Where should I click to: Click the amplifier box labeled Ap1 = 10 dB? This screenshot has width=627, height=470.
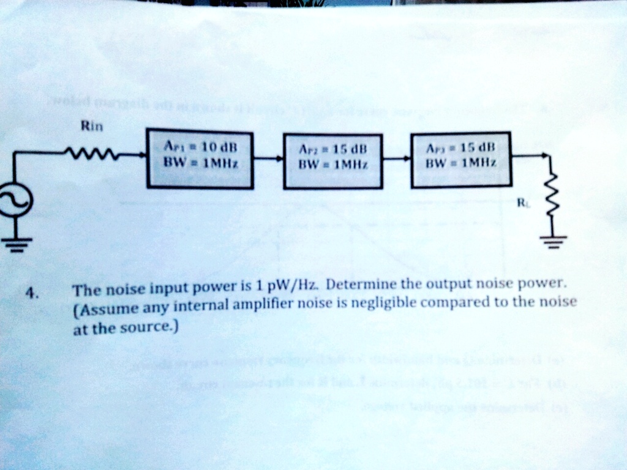[199, 159]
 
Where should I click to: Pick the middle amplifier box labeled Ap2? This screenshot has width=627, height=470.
[333, 161]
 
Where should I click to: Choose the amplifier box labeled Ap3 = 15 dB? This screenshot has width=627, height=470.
[460, 159]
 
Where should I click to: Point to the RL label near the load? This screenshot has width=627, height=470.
[522, 203]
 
